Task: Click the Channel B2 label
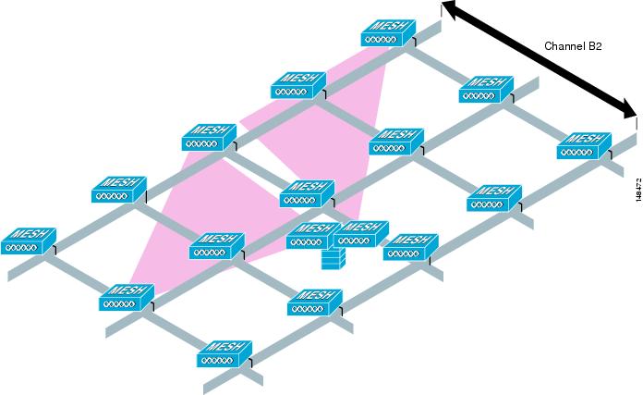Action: click(x=573, y=46)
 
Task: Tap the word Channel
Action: click(x=564, y=46)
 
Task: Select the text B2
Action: click(x=595, y=46)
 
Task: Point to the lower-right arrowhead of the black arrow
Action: click(x=627, y=110)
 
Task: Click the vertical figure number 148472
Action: click(x=638, y=190)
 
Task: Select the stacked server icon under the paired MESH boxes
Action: click(x=333, y=259)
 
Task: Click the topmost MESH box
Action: click(x=388, y=33)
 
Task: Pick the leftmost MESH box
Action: click(x=28, y=241)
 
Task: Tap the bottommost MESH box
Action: click(x=224, y=353)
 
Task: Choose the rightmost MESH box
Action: click(x=584, y=145)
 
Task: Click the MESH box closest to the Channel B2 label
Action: click(x=486, y=89)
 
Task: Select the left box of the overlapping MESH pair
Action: click(x=311, y=235)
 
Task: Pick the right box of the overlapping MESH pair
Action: click(x=361, y=234)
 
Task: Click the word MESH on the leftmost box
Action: click(x=30, y=234)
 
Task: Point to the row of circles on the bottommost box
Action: click(x=218, y=361)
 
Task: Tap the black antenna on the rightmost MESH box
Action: click(x=610, y=154)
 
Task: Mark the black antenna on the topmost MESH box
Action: click(x=414, y=43)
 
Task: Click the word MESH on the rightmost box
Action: click(x=585, y=139)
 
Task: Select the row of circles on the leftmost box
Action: click(x=22, y=248)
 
